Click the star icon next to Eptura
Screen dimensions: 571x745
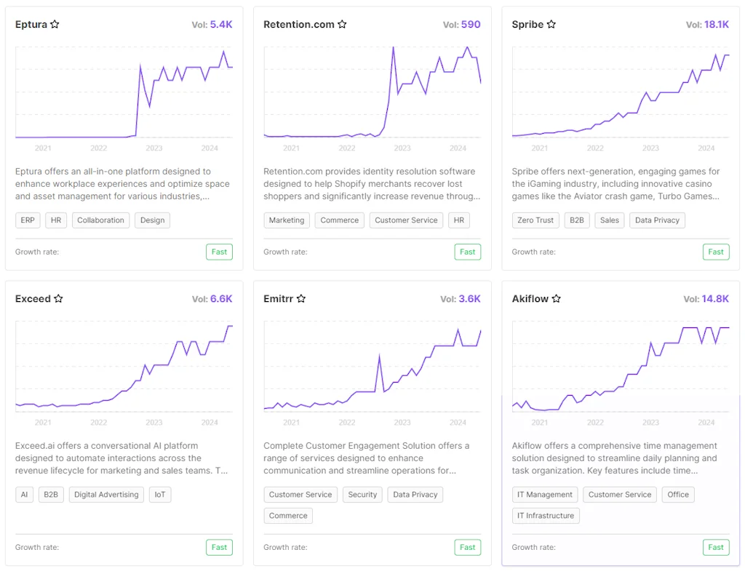[x=55, y=25]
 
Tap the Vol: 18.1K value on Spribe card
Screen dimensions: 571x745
[x=716, y=25]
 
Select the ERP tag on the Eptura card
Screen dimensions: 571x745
[x=28, y=220]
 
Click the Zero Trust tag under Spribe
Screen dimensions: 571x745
[x=535, y=220]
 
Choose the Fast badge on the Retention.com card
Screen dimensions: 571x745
[x=468, y=252]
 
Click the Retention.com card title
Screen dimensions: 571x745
[x=298, y=25]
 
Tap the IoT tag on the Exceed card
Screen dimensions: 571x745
[x=160, y=495]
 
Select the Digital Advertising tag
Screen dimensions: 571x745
[x=106, y=495]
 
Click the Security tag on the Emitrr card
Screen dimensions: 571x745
[x=362, y=495]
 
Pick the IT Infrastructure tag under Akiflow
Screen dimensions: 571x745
[x=546, y=516]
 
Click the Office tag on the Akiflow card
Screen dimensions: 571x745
[x=678, y=495]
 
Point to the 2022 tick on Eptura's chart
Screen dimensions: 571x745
[x=99, y=148]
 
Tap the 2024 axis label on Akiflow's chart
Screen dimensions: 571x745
[x=706, y=423]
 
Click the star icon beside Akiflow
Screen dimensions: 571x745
[x=557, y=299]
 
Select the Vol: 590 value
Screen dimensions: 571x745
[x=470, y=25]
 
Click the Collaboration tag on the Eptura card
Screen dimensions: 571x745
[x=100, y=220]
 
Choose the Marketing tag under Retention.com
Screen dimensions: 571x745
[x=287, y=220]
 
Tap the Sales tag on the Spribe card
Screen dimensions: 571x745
[x=610, y=220]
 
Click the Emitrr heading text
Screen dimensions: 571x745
[x=278, y=299]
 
